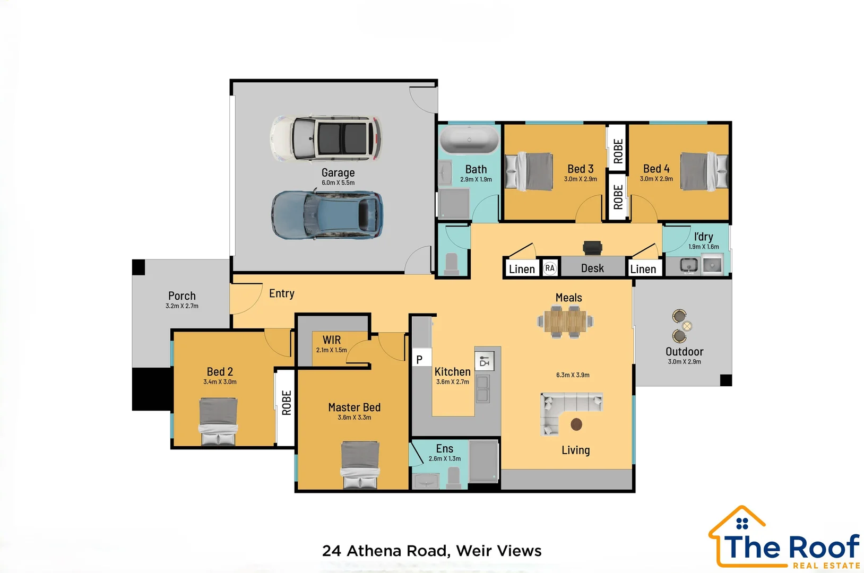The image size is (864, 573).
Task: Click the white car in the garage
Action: [x=326, y=138]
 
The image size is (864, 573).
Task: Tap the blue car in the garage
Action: [x=327, y=215]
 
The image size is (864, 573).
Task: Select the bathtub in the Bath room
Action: [x=469, y=140]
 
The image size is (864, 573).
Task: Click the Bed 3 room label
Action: [x=580, y=169]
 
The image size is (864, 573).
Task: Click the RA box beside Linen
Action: [x=550, y=268]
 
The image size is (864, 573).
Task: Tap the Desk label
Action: [x=592, y=268]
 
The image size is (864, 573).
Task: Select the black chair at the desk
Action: [x=592, y=247]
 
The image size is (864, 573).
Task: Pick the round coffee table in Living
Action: [x=576, y=424]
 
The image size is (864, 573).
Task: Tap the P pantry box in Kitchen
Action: [x=420, y=359]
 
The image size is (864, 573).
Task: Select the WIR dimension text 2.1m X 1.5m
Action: [x=331, y=350]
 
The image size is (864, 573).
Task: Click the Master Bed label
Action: [x=354, y=407]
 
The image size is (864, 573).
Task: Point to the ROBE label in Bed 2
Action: [x=287, y=403]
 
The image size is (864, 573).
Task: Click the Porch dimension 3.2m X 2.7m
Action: [x=182, y=306]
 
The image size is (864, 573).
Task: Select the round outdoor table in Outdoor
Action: [x=687, y=326]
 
